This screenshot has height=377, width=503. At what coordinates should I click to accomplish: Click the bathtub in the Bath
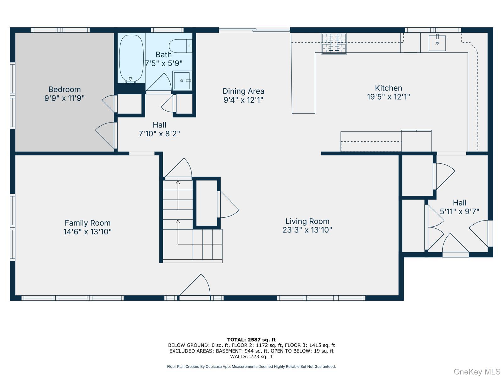(131, 58)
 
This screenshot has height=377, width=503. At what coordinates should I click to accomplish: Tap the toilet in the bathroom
(180, 46)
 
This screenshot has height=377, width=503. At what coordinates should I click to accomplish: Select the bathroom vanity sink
(182, 80)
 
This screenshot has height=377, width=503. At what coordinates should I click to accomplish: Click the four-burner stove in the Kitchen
(334, 43)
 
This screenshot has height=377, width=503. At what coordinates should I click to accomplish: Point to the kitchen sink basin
(437, 43)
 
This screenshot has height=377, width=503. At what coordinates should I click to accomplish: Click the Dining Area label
(243, 91)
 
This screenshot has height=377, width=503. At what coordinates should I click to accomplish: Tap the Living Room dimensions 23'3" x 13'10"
(307, 230)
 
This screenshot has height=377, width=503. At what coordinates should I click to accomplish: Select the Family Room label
(87, 223)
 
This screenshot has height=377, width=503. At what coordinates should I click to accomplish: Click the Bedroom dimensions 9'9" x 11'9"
(64, 98)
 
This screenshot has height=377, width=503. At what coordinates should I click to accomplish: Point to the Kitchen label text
(389, 88)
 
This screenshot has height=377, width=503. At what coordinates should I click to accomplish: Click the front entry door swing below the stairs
(195, 285)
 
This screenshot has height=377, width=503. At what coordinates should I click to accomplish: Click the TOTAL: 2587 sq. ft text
(251, 340)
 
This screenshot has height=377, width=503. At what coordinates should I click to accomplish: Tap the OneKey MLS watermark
(477, 372)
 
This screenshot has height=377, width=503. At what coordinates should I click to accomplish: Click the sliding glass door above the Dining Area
(254, 30)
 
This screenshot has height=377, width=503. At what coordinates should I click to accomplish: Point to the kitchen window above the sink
(433, 30)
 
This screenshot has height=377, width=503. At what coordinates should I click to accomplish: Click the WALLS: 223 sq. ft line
(251, 356)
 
